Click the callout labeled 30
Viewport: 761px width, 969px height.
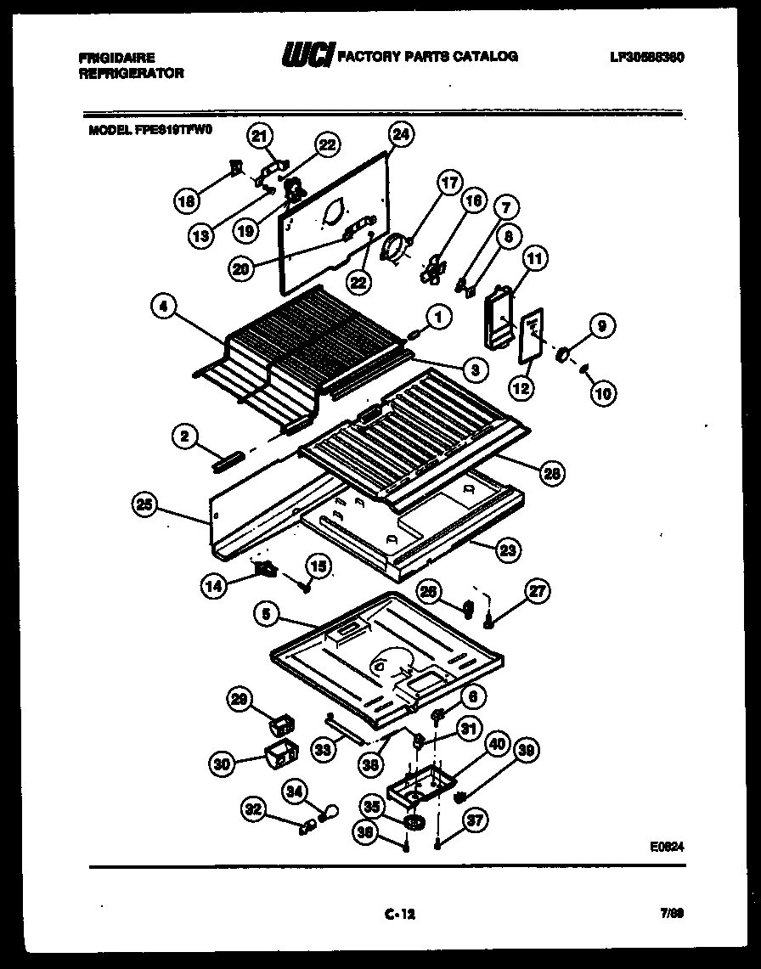223,763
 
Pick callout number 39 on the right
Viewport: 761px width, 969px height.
528,751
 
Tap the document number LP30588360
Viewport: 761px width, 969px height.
646,57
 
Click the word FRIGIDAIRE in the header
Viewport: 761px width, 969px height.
117,58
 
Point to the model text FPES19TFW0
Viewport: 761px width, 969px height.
173,131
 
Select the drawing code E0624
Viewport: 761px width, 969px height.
667,847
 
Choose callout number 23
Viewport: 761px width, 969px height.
507,549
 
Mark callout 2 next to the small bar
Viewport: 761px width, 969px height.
183,437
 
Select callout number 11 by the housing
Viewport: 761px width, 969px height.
536,257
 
